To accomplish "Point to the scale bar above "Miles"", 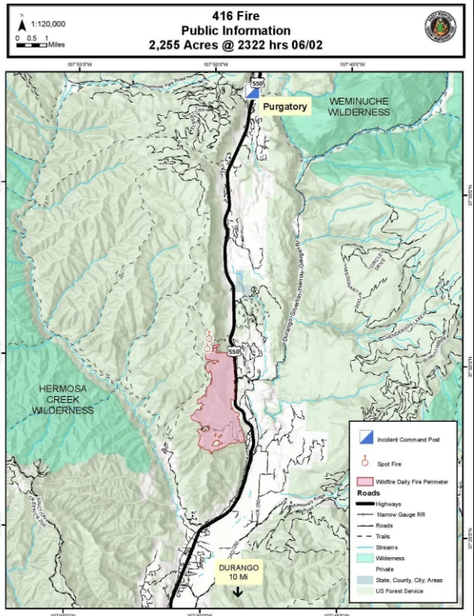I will [x=31, y=45].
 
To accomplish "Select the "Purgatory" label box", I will [x=285, y=106].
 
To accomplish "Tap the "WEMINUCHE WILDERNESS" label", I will [x=359, y=107].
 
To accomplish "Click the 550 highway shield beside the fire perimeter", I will [x=234, y=352].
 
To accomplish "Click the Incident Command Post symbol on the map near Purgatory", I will [x=252, y=92].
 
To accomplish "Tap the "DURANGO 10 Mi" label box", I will [x=237, y=571].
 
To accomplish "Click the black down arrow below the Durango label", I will [x=237, y=591].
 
